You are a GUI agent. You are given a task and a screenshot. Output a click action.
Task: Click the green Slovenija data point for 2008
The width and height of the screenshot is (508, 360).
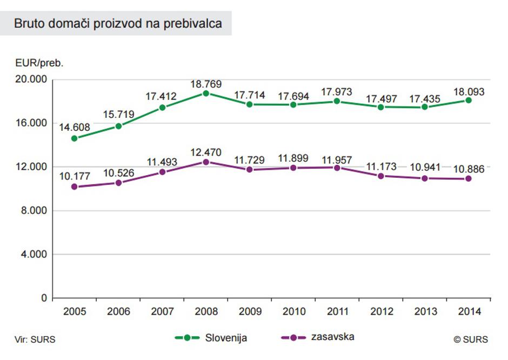click(x=206, y=93)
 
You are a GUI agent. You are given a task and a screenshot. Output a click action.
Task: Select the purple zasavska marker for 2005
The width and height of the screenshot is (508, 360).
click(x=74, y=187)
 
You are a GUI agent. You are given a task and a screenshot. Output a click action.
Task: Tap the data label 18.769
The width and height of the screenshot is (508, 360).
click(x=206, y=84)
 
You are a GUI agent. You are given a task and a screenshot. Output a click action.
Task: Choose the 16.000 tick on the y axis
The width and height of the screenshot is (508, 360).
click(x=32, y=123)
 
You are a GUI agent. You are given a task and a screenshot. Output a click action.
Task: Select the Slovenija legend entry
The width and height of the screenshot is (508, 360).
click(x=211, y=338)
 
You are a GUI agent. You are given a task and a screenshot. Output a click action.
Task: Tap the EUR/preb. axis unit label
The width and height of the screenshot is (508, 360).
click(x=39, y=63)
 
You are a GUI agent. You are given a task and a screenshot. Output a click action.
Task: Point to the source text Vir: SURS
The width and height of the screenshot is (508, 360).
click(x=35, y=339)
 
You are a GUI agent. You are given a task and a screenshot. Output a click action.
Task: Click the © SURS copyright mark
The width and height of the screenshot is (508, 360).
click(x=470, y=339)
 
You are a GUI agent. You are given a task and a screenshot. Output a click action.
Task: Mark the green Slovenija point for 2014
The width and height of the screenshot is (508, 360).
click(x=469, y=100)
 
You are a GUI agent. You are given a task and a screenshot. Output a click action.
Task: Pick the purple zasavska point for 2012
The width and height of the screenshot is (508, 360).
click(x=381, y=176)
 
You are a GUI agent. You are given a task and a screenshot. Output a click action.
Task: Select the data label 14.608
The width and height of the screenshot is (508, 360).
click(x=74, y=128)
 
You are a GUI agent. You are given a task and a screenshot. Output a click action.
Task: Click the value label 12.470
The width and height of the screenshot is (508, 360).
click(x=206, y=152)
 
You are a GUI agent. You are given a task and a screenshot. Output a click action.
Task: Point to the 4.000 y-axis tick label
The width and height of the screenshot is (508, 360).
click(x=34, y=255)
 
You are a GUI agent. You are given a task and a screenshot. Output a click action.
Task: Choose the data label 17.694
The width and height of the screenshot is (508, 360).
click(x=293, y=96)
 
